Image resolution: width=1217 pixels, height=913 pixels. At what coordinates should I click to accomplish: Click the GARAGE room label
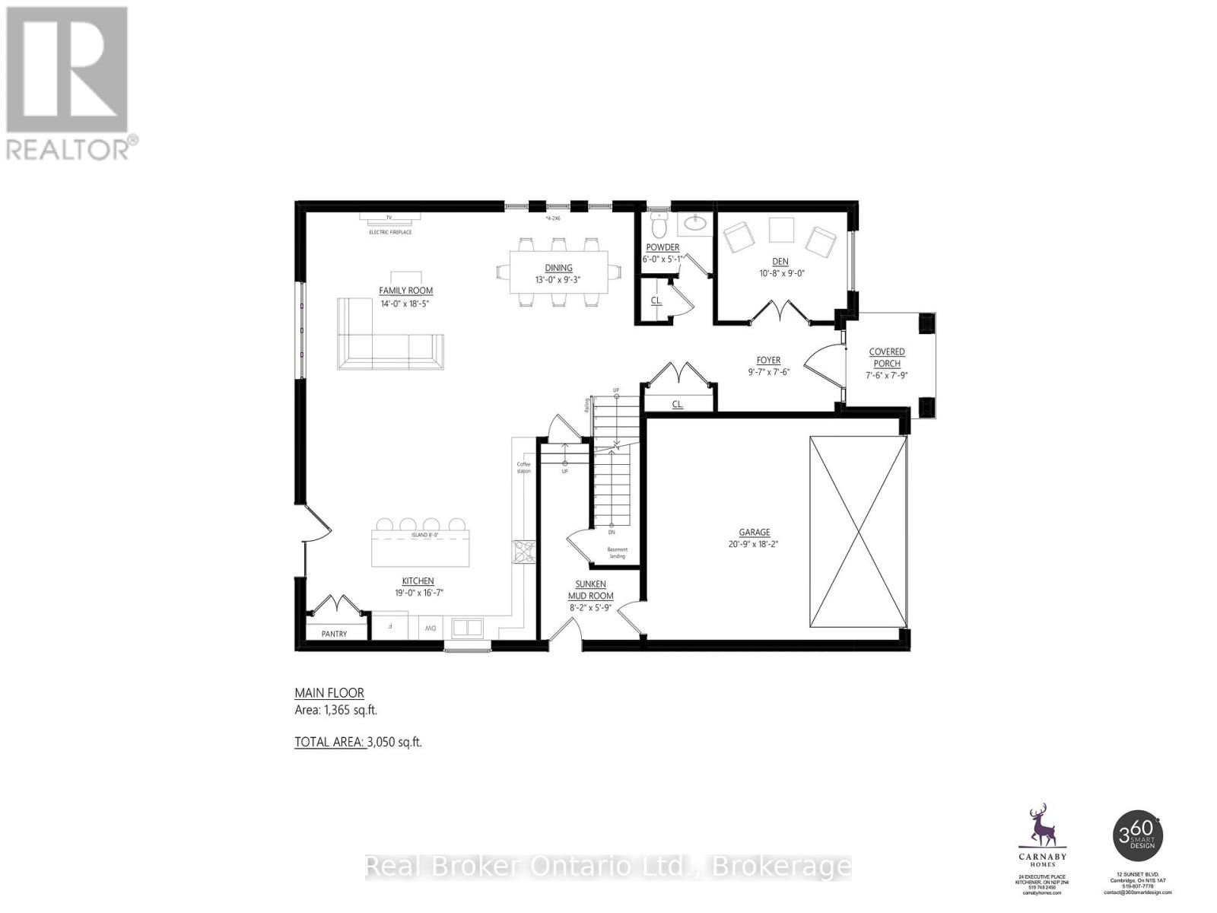pyautogui.click(x=754, y=533)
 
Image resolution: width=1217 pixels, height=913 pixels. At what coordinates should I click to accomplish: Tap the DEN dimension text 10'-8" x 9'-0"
pyautogui.click(x=781, y=273)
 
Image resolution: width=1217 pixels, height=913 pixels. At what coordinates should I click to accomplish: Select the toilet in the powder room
pyautogui.click(x=659, y=226)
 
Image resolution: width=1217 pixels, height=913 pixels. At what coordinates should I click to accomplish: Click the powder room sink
pyautogui.click(x=694, y=223)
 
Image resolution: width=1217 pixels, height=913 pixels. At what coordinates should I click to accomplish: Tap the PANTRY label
pyautogui.click(x=334, y=634)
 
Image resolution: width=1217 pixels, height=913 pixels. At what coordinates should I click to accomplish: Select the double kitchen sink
pyautogui.click(x=467, y=628)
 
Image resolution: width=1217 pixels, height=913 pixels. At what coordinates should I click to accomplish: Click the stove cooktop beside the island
pyautogui.click(x=523, y=552)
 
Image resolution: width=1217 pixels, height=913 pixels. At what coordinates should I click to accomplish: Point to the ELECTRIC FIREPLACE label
pyautogui.click(x=390, y=232)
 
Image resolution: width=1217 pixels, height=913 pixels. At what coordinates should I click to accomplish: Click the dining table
pyautogui.click(x=558, y=272)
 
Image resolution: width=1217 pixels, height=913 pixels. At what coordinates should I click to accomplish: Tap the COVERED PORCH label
pyautogui.click(x=887, y=358)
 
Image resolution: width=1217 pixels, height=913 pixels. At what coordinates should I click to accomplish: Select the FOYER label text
pyautogui.click(x=768, y=361)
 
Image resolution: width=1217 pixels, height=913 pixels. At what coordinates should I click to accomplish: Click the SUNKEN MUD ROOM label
pyautogui.click(x=590, y=590)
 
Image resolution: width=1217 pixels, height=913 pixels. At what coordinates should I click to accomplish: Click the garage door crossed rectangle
pyautogui.click(x=858, y=531)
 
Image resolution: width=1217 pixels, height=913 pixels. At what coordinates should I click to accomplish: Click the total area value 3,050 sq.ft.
pyautogui.click(x=394, y=742)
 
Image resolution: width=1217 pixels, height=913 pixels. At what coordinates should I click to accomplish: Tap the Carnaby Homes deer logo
pyautogui.click(x=1037, y=826)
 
